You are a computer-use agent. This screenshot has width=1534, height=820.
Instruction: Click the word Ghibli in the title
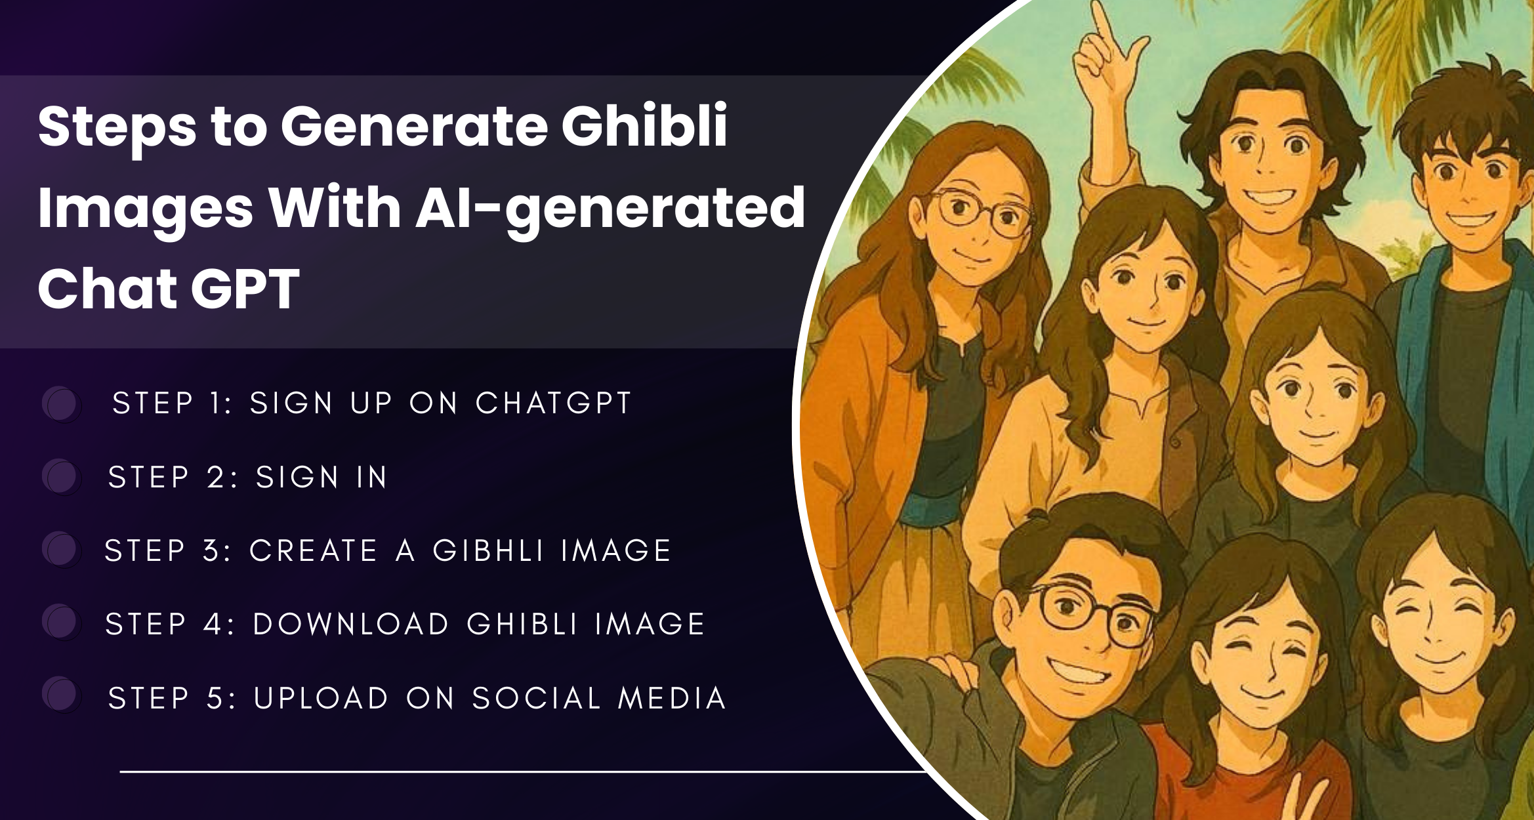pos(644,125)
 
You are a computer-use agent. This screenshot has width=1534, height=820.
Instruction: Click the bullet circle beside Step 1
pos(61,403)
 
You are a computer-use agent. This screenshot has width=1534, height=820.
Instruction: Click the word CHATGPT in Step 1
pos(553,403)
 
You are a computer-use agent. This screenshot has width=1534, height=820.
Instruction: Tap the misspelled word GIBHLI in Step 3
pos(488,550)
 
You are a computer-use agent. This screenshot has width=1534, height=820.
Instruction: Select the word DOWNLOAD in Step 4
pos(351,624)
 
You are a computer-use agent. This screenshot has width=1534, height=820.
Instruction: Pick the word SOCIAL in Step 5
pos(537,698)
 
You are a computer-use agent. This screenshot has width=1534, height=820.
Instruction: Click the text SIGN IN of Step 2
pos(321,477)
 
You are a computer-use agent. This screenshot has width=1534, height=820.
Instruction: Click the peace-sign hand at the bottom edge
pos(1296,797)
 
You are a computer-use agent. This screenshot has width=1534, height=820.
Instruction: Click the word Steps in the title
pos(117,127)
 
